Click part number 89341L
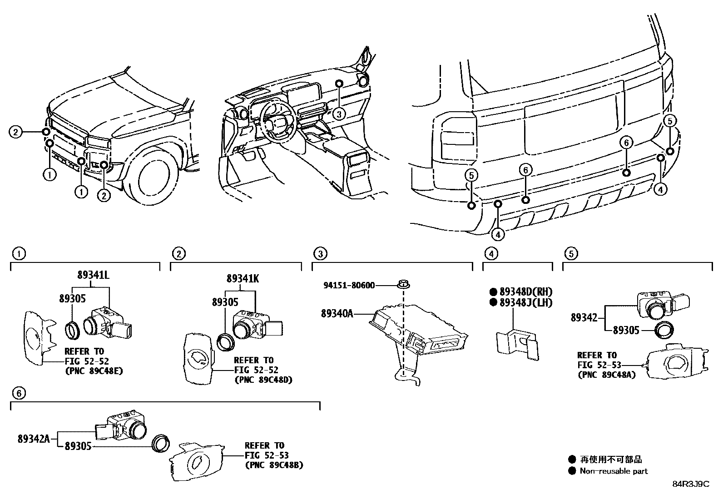[93, 275]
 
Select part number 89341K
[243, 279]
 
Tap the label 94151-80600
[349, 285]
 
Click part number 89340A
[337, 313]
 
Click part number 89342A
[34, 439]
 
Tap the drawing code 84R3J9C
[690, 484]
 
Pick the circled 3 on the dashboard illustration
[339, 114]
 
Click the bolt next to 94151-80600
[403, 285]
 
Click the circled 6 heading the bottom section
[18, 393]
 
